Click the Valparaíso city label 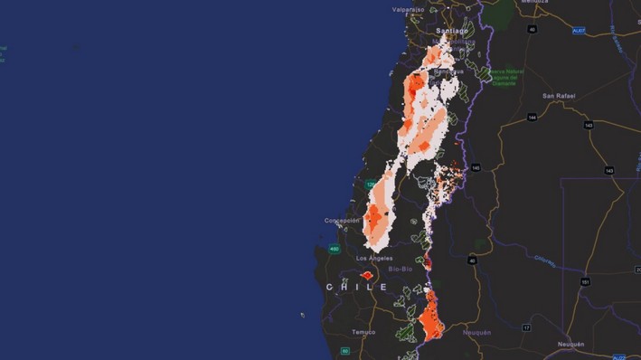pos(408,9)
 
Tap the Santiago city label pos(451,30)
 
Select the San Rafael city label pos(560,95)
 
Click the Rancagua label pos(448,71)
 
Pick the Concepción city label pos(342,220)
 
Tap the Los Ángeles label pos(374,258)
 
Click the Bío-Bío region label pos(401,269)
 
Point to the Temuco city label pos(363,331)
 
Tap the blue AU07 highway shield pos(578,30)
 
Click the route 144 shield pos(533,117)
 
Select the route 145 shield pos(476,167)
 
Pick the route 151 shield pos(586,281)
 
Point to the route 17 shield pos(525,327)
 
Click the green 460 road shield pos(335,249)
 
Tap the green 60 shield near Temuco pos(344,351)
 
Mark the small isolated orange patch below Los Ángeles pos(367,275)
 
